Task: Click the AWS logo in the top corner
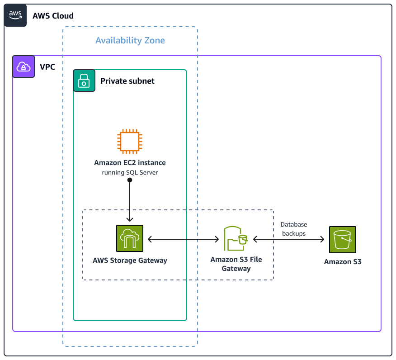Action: click(x=15, y=15)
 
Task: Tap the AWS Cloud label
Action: click(x=53, y=16)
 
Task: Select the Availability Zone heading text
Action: click(x=130, y=40)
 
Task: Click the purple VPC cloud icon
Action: click(x=24, y=67)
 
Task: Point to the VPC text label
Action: click(x=47, y=67)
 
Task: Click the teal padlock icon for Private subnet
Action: click(x=84, y=81)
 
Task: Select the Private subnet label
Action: click(x=127, y=81)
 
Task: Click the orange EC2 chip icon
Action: click(x=130, y=141)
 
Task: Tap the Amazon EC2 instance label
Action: click(x=130, y=163)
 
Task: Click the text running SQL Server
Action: click(x=130, y=172)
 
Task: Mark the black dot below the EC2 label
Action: click(x=130, y=180)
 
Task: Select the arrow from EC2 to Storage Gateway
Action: click(x=130, y=201)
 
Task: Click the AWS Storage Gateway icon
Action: click(x=130, y=238)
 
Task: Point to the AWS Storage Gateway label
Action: click(x=130, y=261)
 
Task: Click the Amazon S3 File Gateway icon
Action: click(x=236, y=238)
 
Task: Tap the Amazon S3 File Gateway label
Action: click(x=236, y=264)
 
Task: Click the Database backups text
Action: click(x=293, y=229)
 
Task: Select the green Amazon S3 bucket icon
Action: click(x=342, y=239)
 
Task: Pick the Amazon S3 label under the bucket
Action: click(x=342, y=262)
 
